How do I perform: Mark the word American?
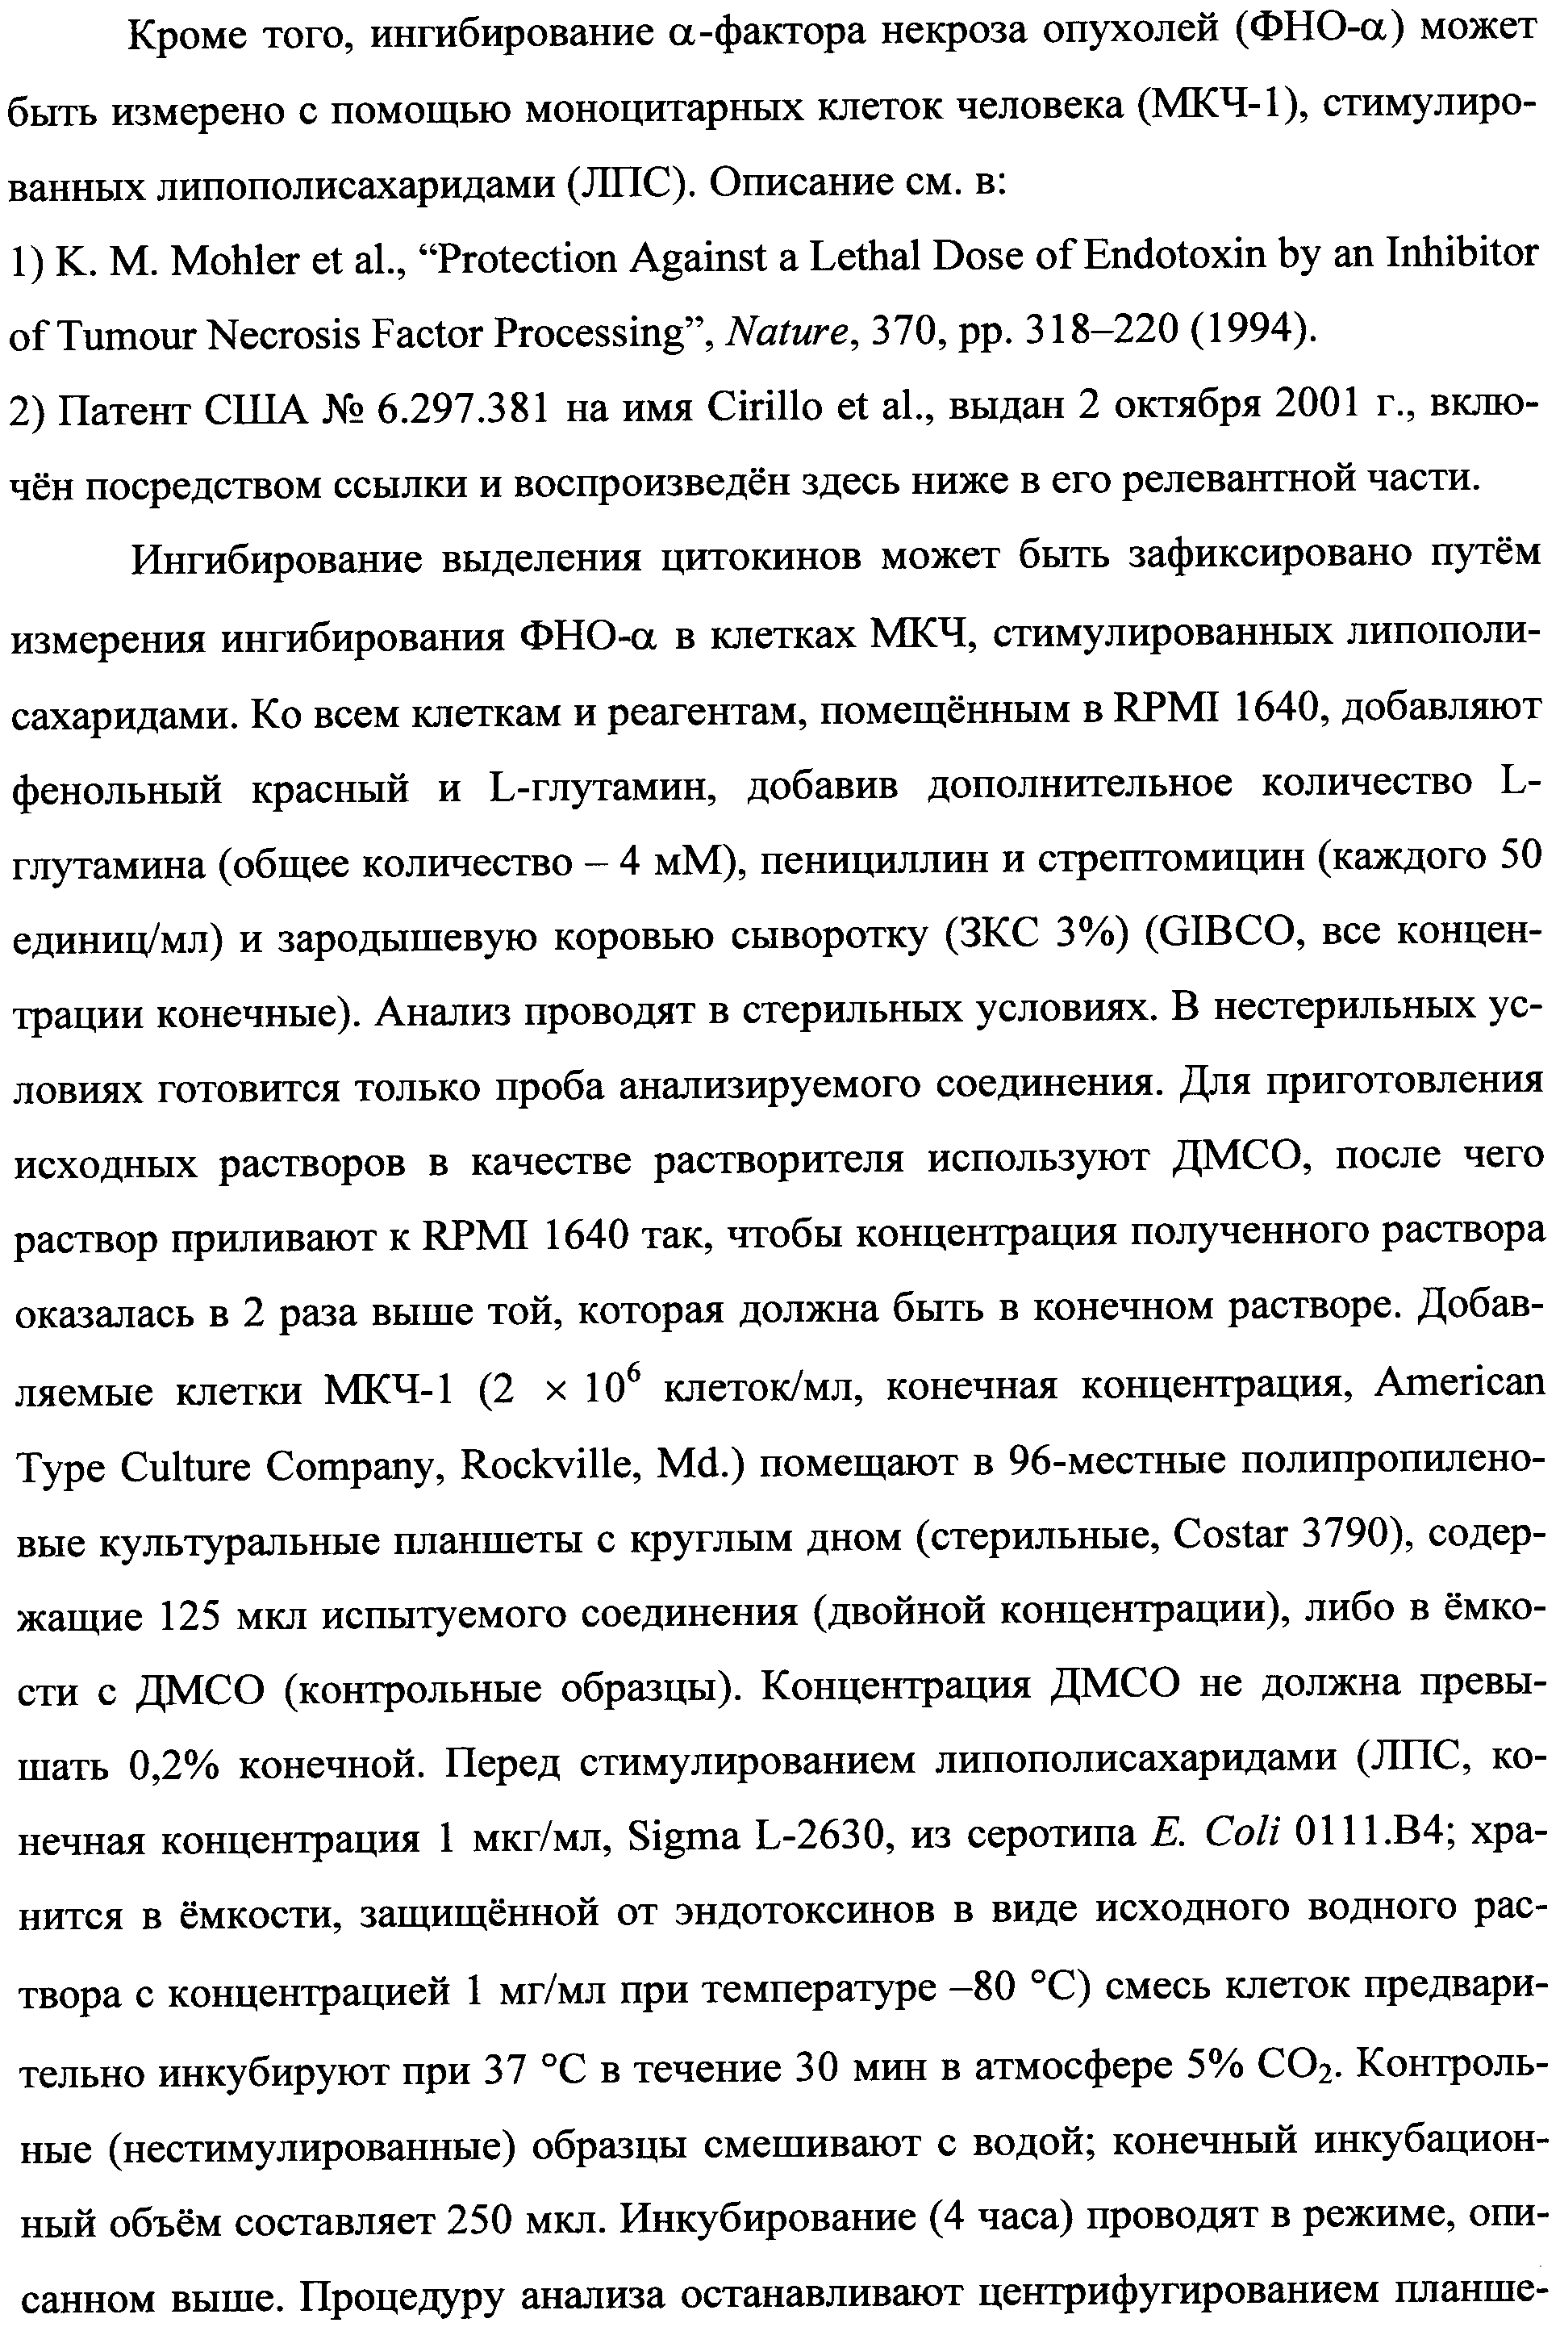(1466, 1384)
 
